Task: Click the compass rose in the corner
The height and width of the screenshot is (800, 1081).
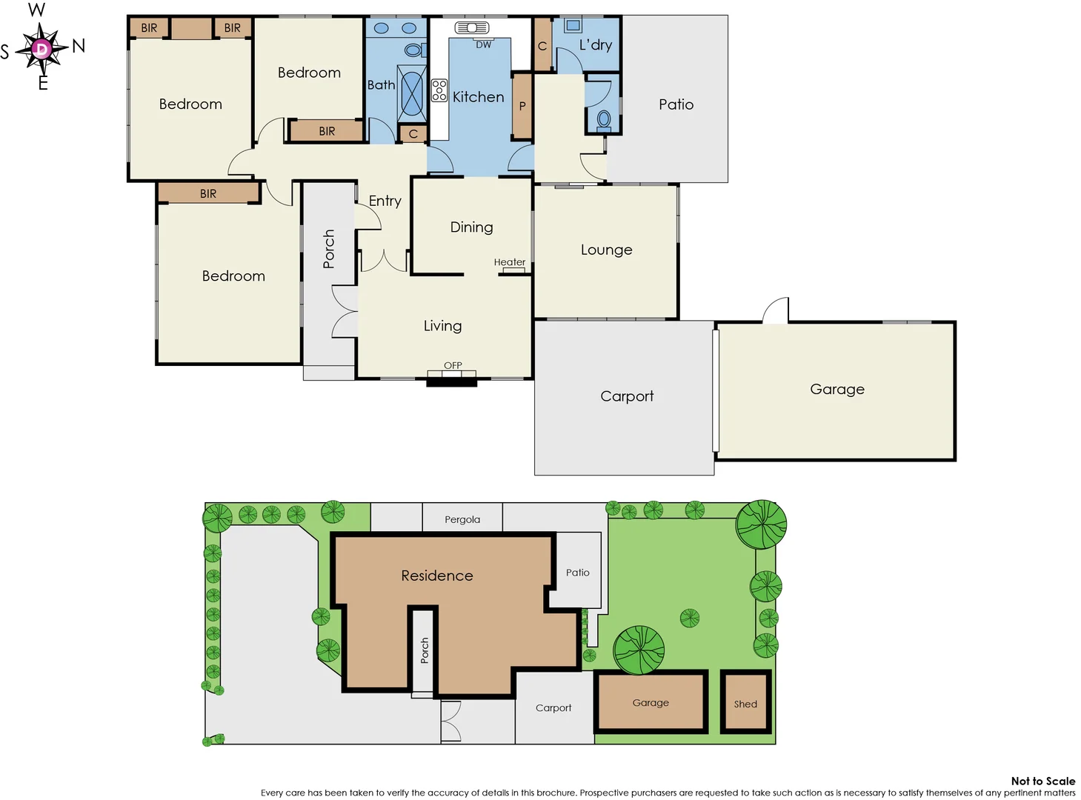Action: (41, 49)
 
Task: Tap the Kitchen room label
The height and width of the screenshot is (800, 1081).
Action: (478, 97)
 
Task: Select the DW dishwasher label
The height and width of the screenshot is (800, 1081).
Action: (483, 45)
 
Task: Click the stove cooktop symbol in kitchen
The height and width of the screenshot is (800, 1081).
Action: (439, 90)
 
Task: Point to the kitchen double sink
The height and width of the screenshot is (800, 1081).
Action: (472, 28)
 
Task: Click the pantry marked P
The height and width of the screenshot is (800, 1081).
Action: (522, 107)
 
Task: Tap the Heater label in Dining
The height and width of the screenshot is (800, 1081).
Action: (509, 262)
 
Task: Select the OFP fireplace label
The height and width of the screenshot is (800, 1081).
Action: (453, 365)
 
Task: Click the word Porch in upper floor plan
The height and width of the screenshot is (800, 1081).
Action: (329, 248)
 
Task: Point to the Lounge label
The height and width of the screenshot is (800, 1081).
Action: (606, 250)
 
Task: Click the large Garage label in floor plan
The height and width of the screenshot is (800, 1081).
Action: (836, 390)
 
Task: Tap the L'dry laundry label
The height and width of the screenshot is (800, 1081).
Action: (596, 45)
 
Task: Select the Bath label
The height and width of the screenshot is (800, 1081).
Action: (381, 85)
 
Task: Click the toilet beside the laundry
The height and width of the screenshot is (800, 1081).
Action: (604, 119)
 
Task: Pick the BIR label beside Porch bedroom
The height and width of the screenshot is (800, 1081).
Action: (208, 193)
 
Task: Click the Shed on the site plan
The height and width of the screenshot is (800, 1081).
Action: (745, 704)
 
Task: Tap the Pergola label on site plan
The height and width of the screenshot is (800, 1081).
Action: (462, 519)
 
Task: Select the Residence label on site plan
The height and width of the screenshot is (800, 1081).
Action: (436, 576)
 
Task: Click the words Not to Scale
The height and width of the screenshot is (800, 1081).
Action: (1042, 781)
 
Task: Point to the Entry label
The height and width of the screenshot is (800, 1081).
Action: (385, 201)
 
